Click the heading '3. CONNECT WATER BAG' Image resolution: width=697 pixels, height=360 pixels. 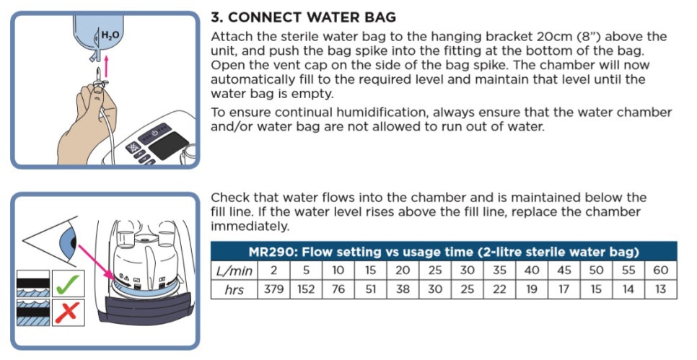pyautogui.click(x=303, y=17)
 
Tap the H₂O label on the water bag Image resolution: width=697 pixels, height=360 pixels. pyautogui.click(x=110, y=35)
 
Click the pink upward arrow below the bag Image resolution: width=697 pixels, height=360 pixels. pyautogui.click(x=105, y=65)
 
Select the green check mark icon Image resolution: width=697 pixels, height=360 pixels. pyautogui.click(x=68, y=284)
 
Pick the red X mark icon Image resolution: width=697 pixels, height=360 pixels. pyautogui.click(x=68, y=312)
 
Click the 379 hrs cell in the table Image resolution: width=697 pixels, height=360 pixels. pyautogui.click(x=274, y=289)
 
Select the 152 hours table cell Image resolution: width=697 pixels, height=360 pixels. pyautogui.click(x=306, y=289)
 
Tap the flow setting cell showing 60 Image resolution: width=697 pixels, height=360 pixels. pyautogui.click(x=660, y=271)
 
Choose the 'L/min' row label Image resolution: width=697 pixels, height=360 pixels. pyautogui.click(x=234, y=271)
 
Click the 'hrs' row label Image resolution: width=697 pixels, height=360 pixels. pyautogui.click(x=234, y=289)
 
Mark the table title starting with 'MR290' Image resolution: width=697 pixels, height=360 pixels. pyautogui.click(x=444, y=252)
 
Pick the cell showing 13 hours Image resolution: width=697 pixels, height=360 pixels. pyautogui.click(x=660, y=289)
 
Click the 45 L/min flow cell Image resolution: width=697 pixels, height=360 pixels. pyautogui.click(x=564, y=271)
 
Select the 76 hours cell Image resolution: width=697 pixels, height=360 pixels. pyautogui.click(x=338, y=289)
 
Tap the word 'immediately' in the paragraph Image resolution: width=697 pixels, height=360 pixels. pyautogui.click(x=249, y=227)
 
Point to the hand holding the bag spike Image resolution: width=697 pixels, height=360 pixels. pyautogui.click(x=87, y=120)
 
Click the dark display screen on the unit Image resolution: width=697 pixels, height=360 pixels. pyautogui.click(x=168, y=146)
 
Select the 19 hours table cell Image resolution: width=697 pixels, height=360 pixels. pyautogui.click(x=532, y=289)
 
